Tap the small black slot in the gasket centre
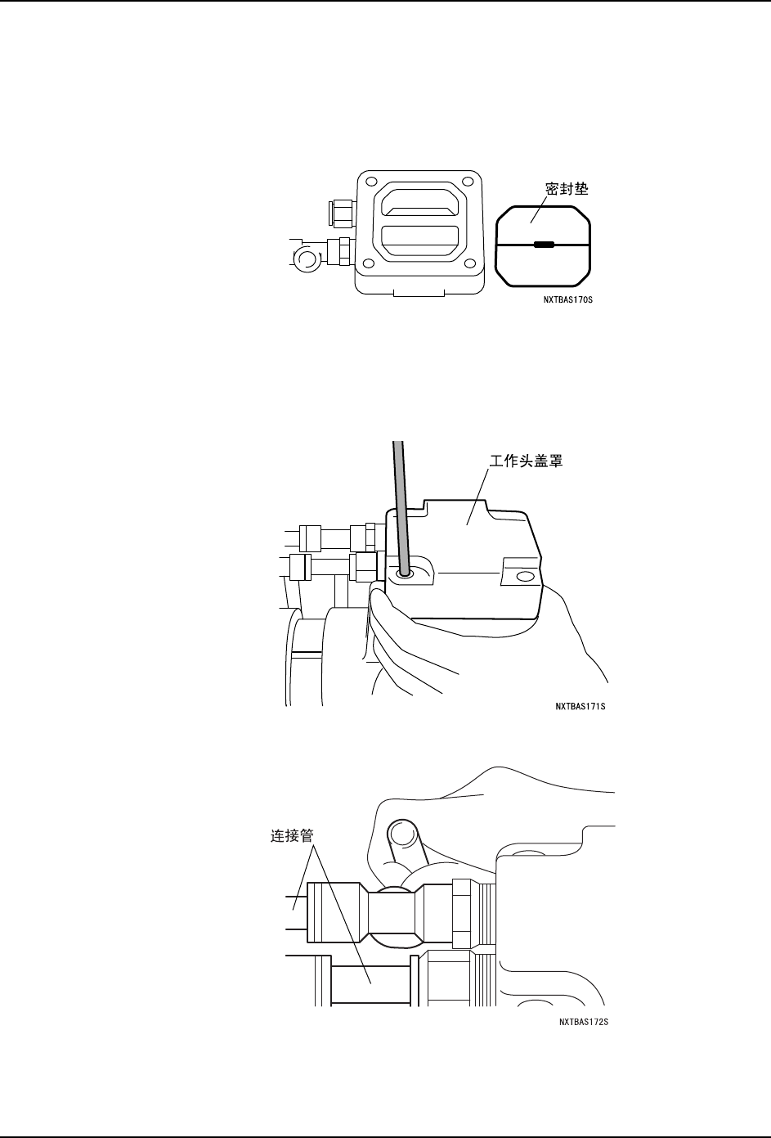[x=544, y=244]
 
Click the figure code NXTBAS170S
[x=567, y=299]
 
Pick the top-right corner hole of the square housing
[x=468, y=182]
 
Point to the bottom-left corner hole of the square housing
[x=369, y=263]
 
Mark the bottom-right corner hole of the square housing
[x=468, y=263]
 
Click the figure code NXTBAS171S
[x=580, y=706]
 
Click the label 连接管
[x=293, y=837]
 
